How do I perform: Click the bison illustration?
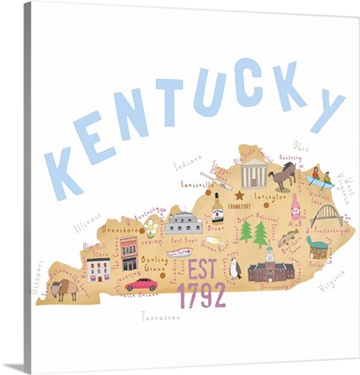pyautogui.click(x=65, y=288)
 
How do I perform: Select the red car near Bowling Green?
pyautogui.click(x=142, y=283)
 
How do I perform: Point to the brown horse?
pyautogui.click(x=282, y=175)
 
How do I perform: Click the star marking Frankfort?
pyautogui.click(x=240, y=196)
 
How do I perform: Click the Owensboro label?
pyautogui.click(x=121, y=229)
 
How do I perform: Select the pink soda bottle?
pyautogui.click(x=295, y=206)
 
